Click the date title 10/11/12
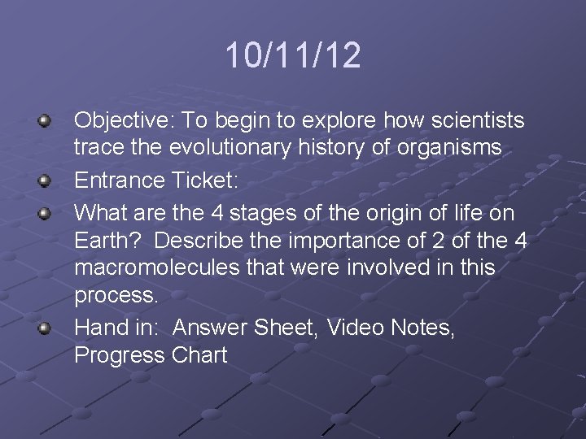click(292, 56)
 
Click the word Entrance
click(120, 180)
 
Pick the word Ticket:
click(204, 180)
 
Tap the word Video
click(355, 328)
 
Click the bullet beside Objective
click(46, 122)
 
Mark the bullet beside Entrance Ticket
click(46, 180)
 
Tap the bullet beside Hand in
click(46, 328)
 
